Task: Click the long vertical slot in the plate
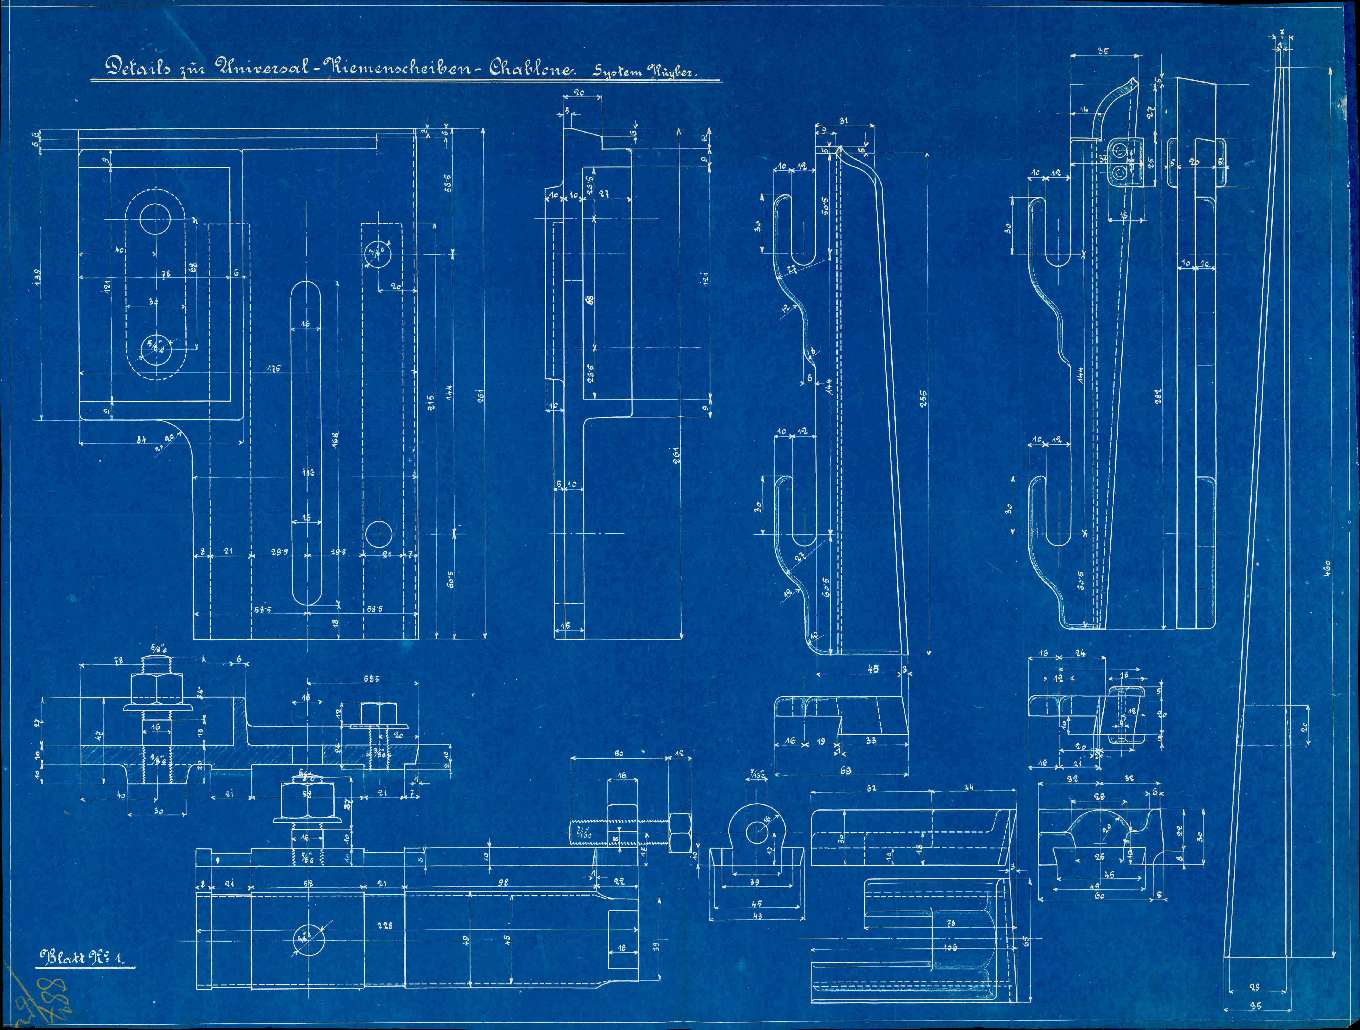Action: (306, 443)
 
